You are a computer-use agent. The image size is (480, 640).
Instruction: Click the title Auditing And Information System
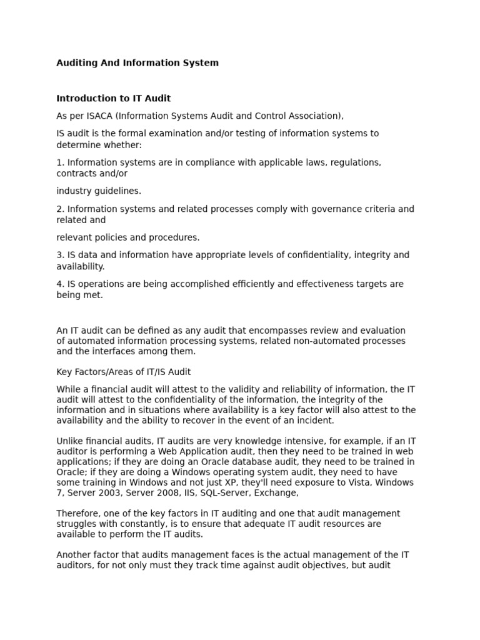tap(137, 63)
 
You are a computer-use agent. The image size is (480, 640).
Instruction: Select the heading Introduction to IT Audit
tap(113, 98)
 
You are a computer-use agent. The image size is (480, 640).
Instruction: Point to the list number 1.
tap(59, 162)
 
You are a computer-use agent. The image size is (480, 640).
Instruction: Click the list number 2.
tap(59, 209)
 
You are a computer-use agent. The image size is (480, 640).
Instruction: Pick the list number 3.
tap(59, 255)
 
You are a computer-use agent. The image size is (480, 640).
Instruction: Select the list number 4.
tap(59, 284)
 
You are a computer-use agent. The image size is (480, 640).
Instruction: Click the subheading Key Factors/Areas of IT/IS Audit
tap(124, 372)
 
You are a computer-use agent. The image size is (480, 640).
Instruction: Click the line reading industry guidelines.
tap(99, 191)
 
